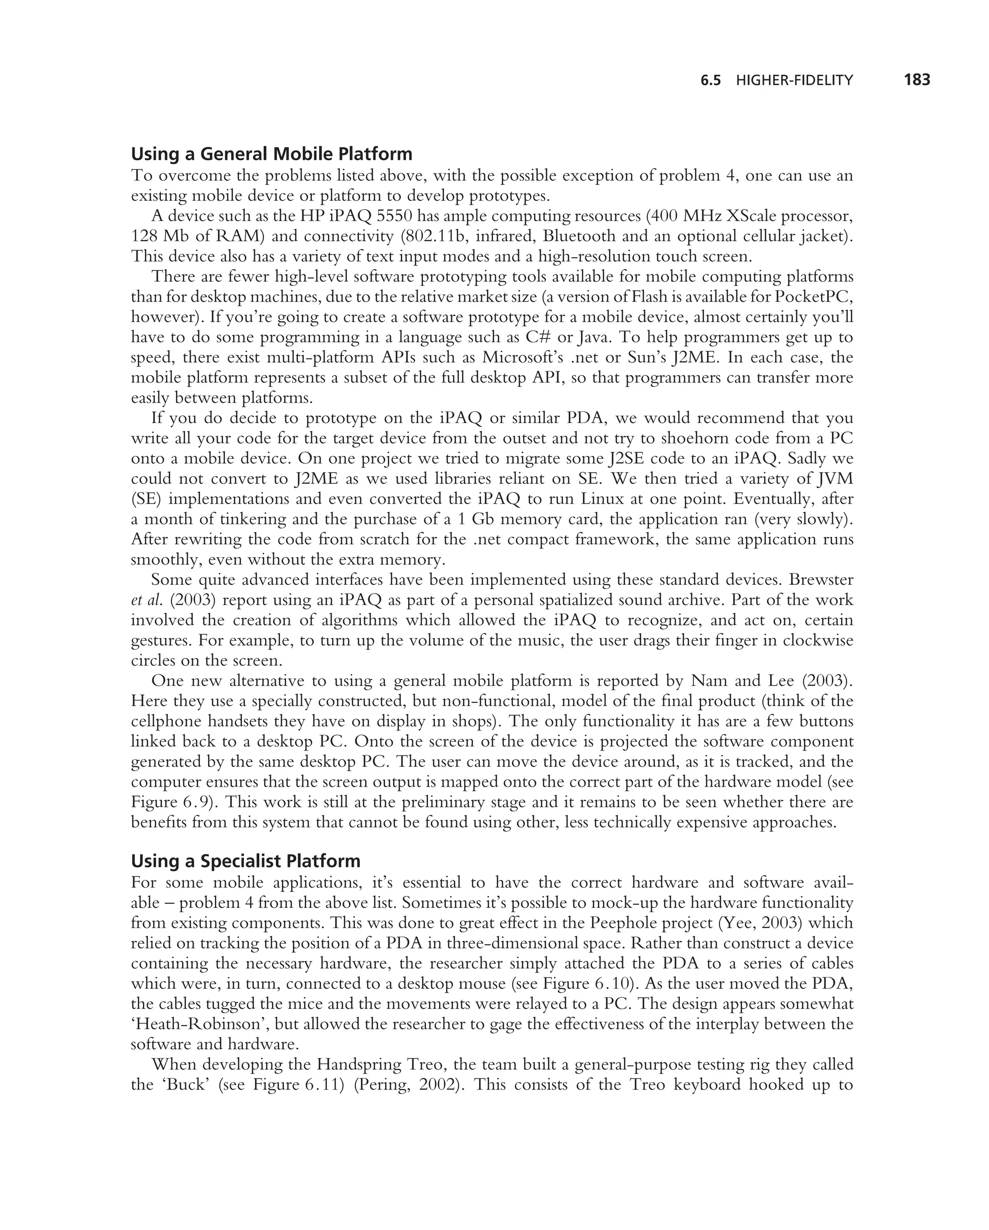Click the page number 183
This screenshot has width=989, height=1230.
click(917, 80)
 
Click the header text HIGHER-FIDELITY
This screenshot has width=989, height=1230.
click(794, 81)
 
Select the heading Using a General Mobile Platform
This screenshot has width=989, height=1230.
click(271, 154)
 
